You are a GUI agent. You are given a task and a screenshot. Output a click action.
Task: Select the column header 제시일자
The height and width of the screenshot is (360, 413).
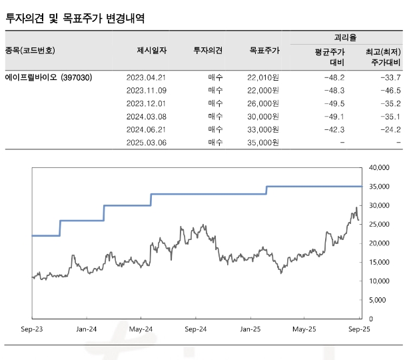151,50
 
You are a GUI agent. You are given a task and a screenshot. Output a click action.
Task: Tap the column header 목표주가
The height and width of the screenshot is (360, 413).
265,50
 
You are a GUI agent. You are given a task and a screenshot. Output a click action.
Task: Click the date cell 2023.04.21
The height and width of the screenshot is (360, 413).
146,77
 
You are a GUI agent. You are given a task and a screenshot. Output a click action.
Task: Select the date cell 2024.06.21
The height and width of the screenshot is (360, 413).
146,129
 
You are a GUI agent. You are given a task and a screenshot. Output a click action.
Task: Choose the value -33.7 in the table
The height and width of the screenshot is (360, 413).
389,77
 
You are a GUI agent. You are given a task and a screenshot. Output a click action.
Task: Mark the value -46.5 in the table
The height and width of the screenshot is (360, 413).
389,90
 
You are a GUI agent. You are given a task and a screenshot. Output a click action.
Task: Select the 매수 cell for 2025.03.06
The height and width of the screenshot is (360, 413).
215,143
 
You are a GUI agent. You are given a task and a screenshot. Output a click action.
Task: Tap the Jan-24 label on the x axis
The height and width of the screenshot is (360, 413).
87,329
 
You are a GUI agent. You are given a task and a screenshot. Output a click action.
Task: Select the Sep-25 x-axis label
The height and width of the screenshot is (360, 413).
360,329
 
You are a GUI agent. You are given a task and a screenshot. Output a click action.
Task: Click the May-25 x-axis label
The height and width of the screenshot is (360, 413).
304,329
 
